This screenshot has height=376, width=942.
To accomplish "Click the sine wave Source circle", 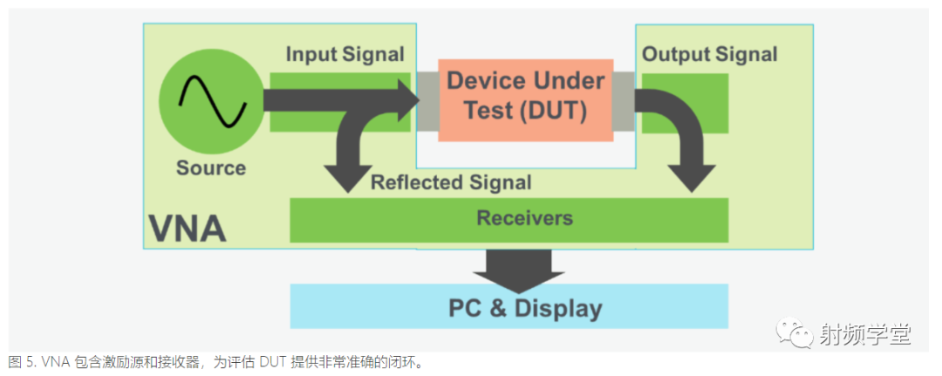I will [x=211, y=103].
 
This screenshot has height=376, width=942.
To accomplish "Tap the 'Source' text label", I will [x=211, y=167].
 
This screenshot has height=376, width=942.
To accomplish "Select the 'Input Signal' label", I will [x=345, y=54].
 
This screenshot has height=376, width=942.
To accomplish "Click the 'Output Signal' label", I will [x=709, y=54].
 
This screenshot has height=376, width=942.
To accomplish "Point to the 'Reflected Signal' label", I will [x=451, y=182].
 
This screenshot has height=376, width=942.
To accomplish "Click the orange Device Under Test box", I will [x=525, y=98].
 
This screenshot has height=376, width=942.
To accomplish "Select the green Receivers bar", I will [x=508, y=219].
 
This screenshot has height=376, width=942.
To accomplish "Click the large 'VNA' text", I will [x=187, y=229].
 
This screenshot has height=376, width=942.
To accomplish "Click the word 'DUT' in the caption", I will [x=265, y=362].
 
